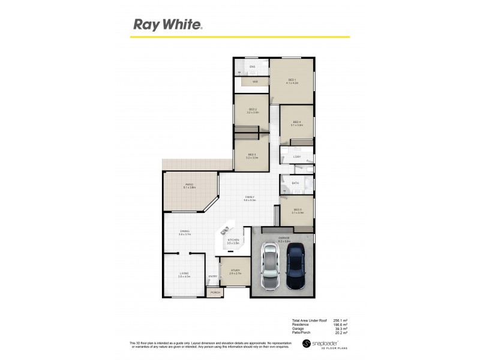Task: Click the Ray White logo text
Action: [167, 25]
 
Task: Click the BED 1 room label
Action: [292, 80]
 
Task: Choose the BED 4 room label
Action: [296, 122]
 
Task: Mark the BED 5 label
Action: [296, 209]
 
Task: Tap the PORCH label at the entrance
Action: [215, 292]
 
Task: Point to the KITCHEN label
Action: [233, 240]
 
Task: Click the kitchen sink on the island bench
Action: [226, 230]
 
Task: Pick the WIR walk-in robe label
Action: [255, 81]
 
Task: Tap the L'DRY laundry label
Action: [296, 157]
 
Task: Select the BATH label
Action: [295, 183]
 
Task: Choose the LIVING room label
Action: [184, 274]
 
